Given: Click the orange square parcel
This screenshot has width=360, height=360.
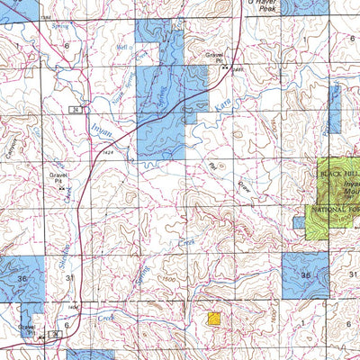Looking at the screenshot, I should click(214, 319).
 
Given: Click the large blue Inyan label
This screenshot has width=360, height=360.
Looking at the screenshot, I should click(102, 131).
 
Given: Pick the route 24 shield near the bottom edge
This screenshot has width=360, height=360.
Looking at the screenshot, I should click(54, 334).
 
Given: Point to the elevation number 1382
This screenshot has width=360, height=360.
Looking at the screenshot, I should click(47, 16).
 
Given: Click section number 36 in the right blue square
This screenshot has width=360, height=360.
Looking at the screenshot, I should click(306, 274).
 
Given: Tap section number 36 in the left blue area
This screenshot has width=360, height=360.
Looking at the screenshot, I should click(22, 279).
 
